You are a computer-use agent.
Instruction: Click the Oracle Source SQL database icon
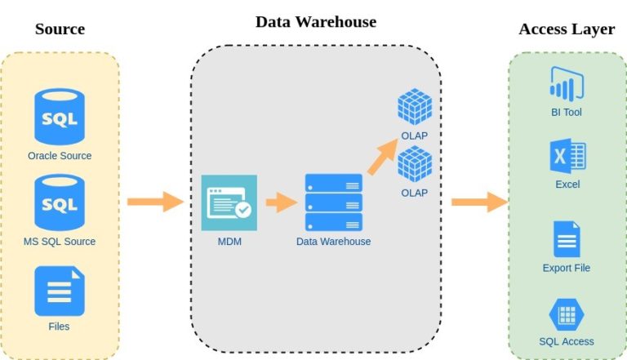[59, 117]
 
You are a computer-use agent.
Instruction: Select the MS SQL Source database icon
[59, 202]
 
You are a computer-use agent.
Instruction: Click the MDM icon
[229, 202]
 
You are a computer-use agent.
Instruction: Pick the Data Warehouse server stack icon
[333, 202]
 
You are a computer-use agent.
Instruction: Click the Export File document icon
[566, 238]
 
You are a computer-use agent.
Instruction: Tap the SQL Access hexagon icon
[566, 314]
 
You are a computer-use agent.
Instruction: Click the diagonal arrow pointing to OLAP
[381, 157]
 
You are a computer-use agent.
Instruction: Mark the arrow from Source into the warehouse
[156, 201]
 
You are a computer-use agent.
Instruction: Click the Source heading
[60, 29]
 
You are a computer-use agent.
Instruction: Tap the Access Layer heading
[567, 29]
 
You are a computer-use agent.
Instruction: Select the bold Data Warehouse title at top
[316, 22]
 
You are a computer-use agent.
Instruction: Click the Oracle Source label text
[60, 155]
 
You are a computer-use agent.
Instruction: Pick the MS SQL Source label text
[59, 241]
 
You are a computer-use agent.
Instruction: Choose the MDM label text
[229, 242]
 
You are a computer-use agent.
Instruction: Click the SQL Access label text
[567, 341]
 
